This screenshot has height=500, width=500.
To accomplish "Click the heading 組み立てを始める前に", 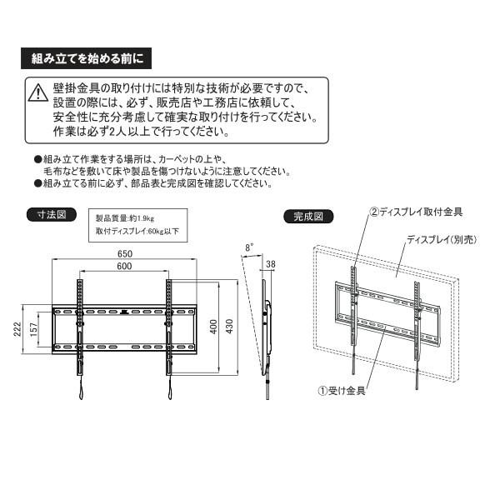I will click(x=87, y=60).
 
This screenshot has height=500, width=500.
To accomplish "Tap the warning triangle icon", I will click(x=37, y=92).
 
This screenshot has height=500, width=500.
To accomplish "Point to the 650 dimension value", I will click(x=126, y=254).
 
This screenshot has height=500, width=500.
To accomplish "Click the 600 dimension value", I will click(x=126, y=267).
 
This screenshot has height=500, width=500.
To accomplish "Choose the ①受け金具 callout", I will click(x=343, y=389).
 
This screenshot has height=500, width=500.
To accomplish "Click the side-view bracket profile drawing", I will click(x=267, y=333).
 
